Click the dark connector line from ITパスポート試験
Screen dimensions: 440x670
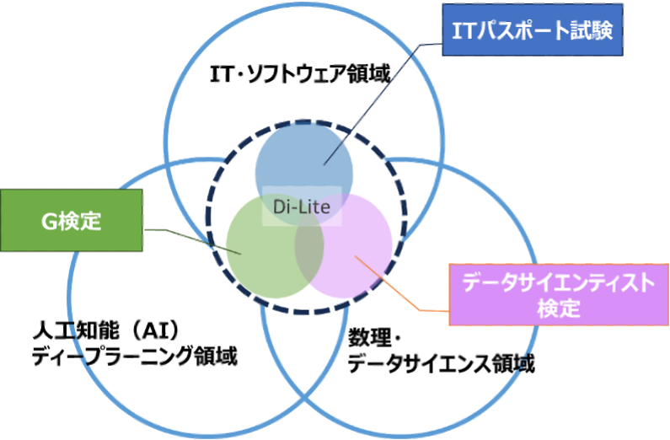coord(383,101)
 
